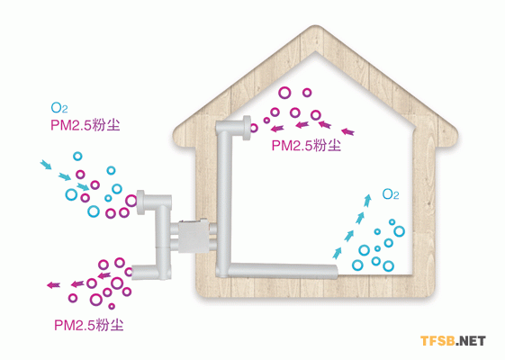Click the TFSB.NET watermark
(x=453, y=341)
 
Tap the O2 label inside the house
(x=391, y=194)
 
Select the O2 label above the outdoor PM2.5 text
(x=59, y=107)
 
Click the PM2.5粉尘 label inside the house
(x=306, y=145)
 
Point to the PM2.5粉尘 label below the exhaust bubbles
(x=88, y=325)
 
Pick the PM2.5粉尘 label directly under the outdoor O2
(x=85, y=125)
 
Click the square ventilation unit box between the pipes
(x=194, y=236)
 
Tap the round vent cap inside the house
(x=247, y=128)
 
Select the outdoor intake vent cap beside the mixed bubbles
(x=140, y=202)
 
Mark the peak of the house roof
(x=315, y=26)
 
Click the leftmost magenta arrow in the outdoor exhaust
(x=53, y=285)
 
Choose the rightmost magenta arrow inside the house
(x=347, y=131)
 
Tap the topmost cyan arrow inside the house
(x=367, y=201)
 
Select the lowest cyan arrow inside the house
(x=337, y=253)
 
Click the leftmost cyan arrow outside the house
(x=46, y=164)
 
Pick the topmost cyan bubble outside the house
(x=77, y=157)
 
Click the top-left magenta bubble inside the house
(x=284, y=93)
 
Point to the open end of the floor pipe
(x=338, y=272)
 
